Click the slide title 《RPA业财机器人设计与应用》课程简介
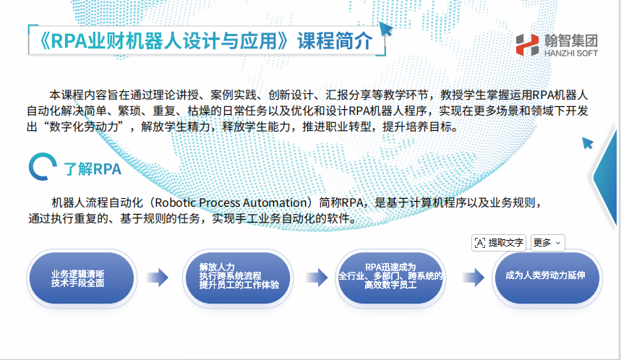[206, 40]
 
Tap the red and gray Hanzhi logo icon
[528, 45]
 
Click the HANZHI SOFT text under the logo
[570, 53]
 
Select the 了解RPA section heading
[93, 169]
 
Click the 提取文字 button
[499, 243]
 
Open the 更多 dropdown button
[548, 243]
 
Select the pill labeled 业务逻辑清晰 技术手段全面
[82, 278]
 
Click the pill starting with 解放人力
[238, 278]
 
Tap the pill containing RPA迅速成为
[390, 278]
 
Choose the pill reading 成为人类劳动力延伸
[547, 278]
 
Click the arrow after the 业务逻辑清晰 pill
[158, 277]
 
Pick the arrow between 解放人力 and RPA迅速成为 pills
[317, 277]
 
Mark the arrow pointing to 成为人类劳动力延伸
[474, 277]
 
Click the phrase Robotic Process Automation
[231, 202]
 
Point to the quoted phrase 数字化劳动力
[84, 127]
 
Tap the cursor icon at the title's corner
[386, 28]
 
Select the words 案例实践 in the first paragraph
[234, 95]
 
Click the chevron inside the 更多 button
[558, 243]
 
